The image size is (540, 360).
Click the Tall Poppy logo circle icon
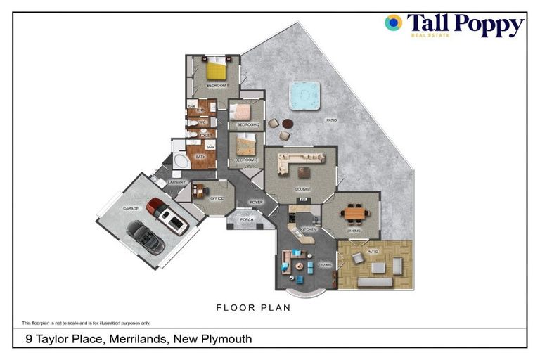click(x=393, y=23)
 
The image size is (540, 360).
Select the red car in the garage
click(x=167, y=215)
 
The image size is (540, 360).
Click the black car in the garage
click(x=146, y=237)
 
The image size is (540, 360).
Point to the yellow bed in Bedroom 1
click(x=216, y=71)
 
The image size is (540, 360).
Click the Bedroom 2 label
click(x=248, y=124)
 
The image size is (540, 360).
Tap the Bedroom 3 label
click(x=245, y=160)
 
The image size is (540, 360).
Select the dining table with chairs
click(x=356, y=211)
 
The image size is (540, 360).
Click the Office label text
click(x=217, y=198)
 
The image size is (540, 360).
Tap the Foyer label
click(x=256, y=202)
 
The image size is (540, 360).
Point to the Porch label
click(x=247, y=219)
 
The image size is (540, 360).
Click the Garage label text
click(x=130, y=209)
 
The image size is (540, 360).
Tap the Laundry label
click(x=176, y=182)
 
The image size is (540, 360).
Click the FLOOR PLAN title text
click(x=253, y=307)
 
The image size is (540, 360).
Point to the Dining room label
click(x=354, y=231)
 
